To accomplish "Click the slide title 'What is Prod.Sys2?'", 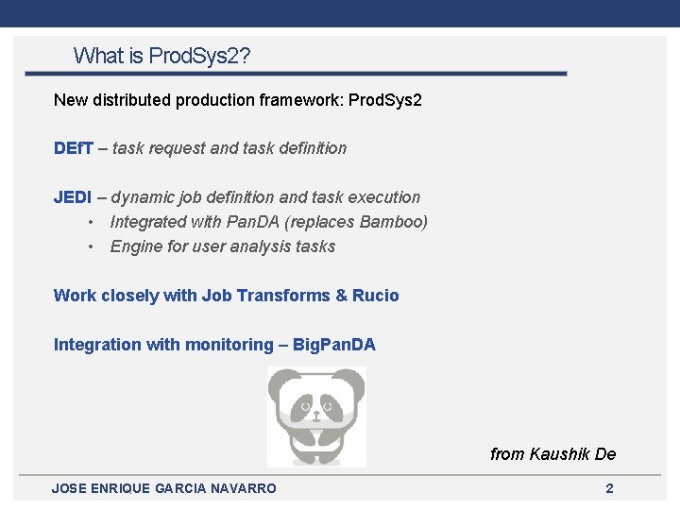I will coord(161,56).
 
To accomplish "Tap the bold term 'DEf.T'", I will coord(74,148).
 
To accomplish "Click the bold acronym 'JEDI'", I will coord(73,197).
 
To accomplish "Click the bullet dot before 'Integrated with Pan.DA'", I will coord(90,222).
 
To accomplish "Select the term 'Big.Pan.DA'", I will coord(333,345).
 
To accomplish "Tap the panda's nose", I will coord(316,413).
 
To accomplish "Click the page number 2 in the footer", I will coord(609,488).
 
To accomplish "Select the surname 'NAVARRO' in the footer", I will coord(240,488).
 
